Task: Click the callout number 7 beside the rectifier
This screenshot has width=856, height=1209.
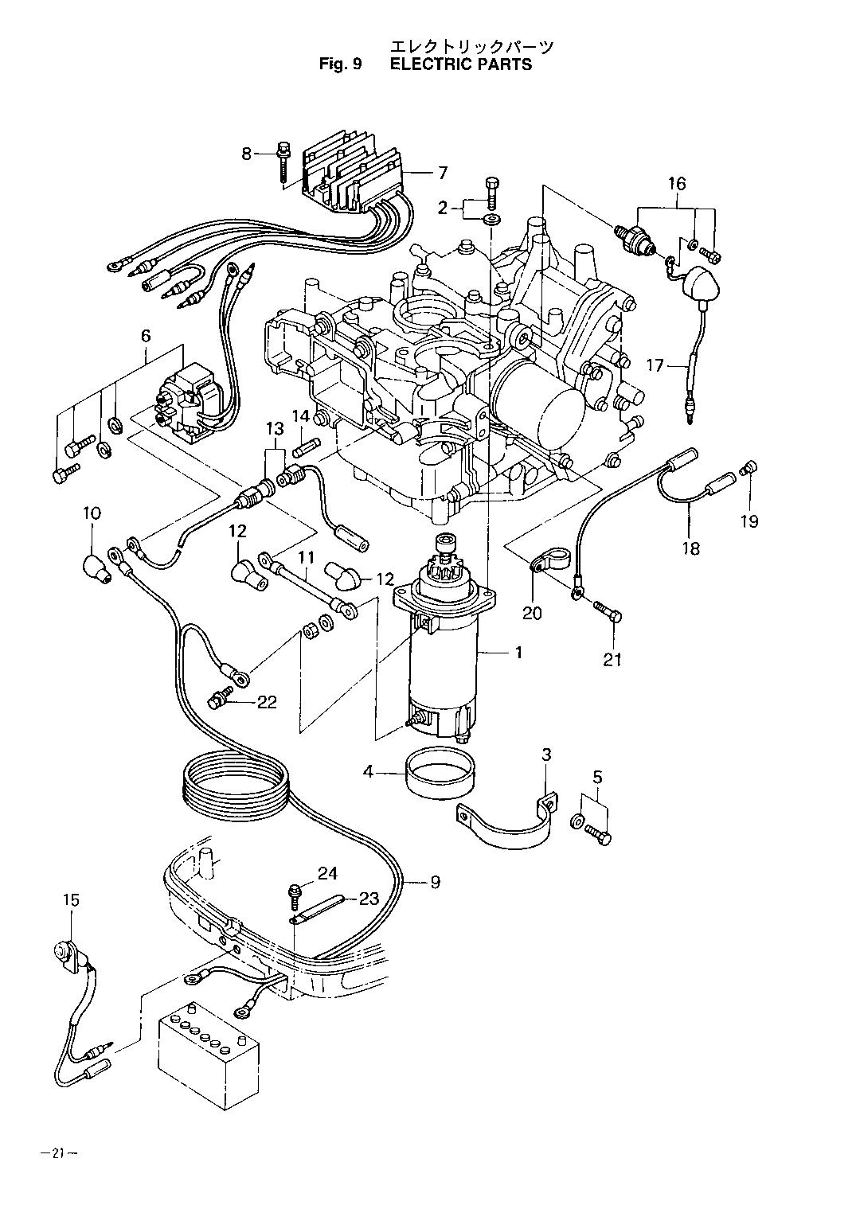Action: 443,173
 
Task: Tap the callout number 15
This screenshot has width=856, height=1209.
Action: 70,900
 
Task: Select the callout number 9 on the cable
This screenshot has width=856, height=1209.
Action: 435,882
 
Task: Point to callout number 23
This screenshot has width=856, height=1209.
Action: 368,899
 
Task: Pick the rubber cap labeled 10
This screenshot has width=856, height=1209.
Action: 96,567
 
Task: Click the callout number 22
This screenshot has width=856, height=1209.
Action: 267,701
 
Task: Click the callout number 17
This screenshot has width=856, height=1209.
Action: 654,366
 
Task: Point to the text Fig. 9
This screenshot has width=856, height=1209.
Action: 340,64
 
